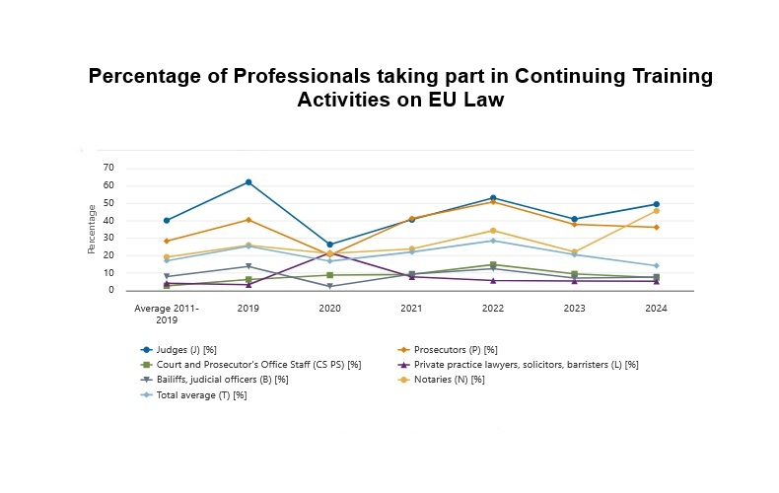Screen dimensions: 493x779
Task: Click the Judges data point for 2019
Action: click(x=248, y=182)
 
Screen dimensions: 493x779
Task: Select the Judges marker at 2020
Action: click(x=330, y=245)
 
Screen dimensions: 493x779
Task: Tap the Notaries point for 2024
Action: click(x=656, y=211)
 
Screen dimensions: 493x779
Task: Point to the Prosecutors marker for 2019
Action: click(x=248, y=220)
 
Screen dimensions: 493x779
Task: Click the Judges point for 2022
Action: click(x=493, y=198)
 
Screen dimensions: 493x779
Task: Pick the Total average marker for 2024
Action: click(x=656, y=266)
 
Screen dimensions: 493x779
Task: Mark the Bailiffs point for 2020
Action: click(x=330, y=287)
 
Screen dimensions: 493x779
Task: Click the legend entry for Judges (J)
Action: click(x=197, y=349)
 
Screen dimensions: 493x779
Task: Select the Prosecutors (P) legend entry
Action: click(x=457, y=349)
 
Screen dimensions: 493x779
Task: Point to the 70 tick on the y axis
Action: click(x=109, y=168)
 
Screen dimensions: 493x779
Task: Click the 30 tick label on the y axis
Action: click(x=109, y=238)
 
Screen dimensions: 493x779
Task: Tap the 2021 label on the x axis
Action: click(x=411, y=308)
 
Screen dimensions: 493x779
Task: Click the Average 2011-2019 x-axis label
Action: click(x=167, y=313)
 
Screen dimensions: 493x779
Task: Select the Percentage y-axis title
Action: click(x=92, y=229)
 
